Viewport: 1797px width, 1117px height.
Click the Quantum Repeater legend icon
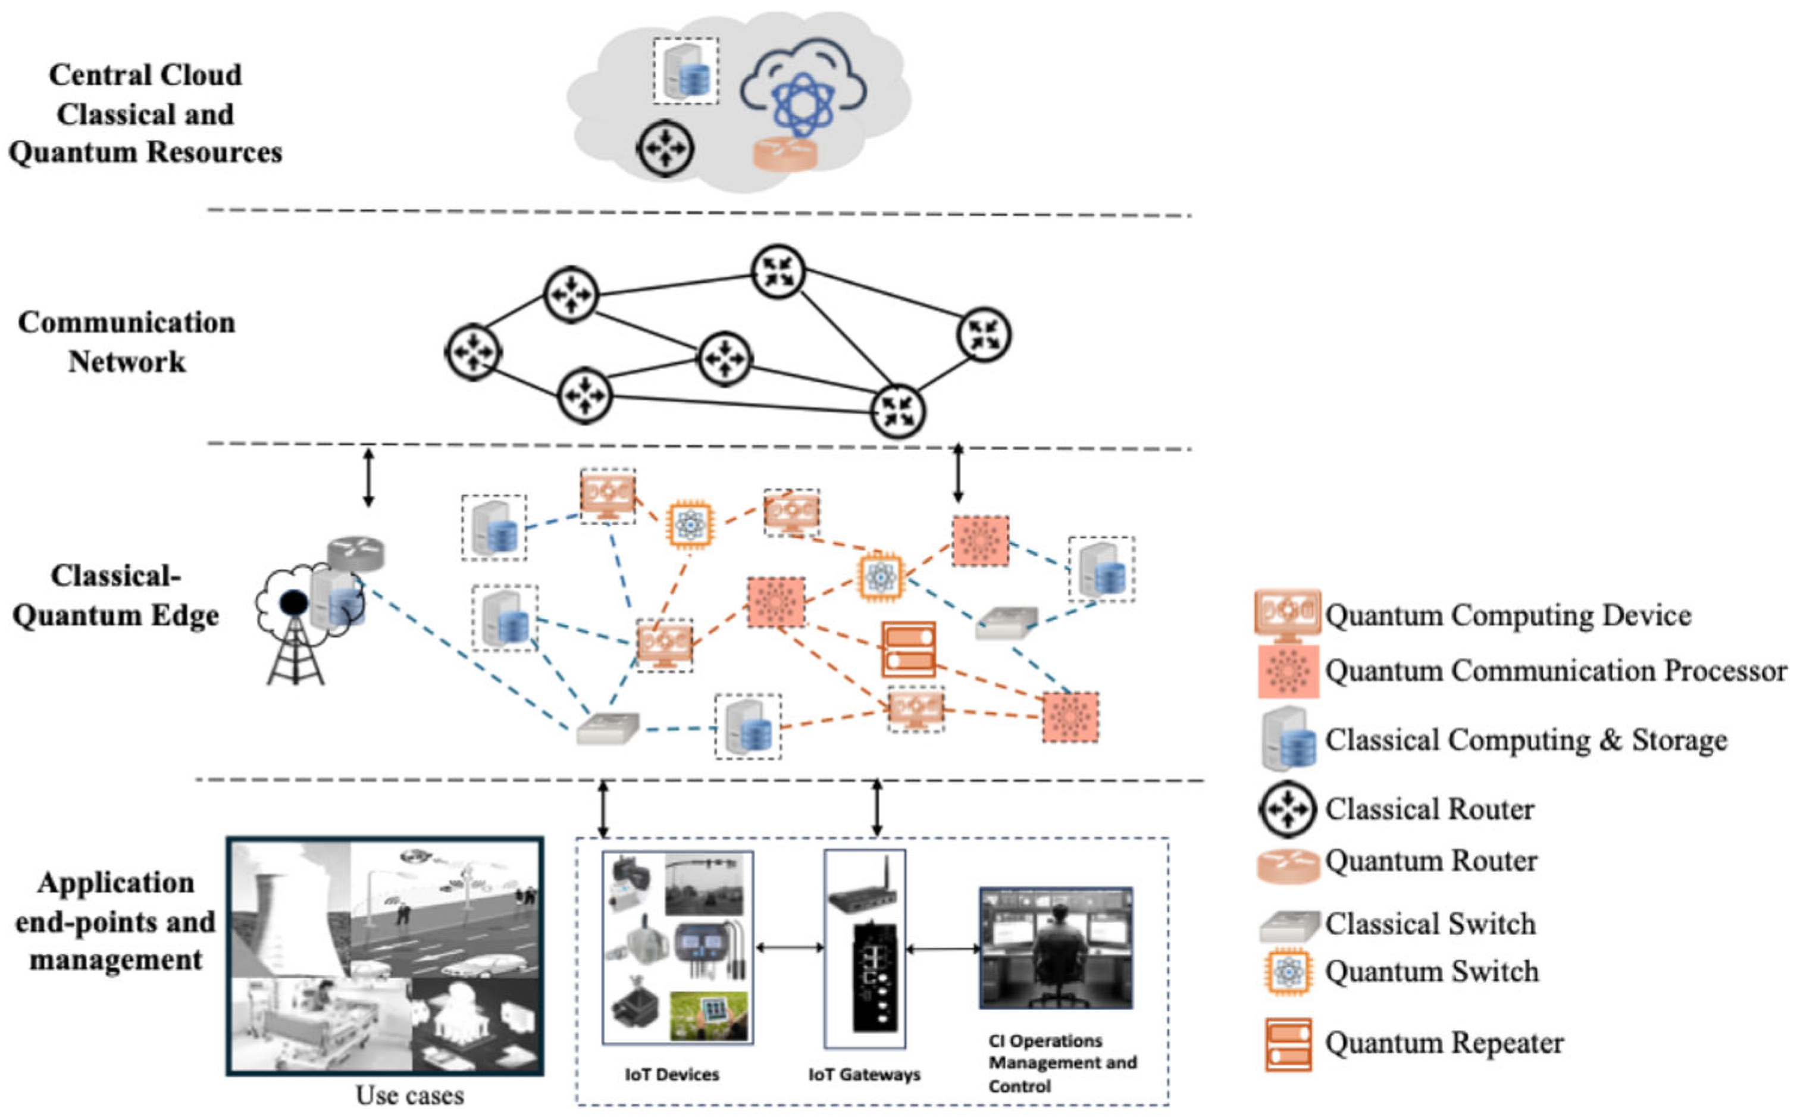tap(1288, 1044)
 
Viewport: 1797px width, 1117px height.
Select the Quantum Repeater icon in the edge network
tap(909, 649)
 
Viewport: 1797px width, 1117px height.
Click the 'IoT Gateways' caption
tap(864, 1075)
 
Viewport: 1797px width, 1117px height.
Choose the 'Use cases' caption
tap(410, 1095)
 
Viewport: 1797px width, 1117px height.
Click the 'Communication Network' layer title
tap(127, 342)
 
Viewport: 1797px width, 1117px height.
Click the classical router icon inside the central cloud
tap(665, 149)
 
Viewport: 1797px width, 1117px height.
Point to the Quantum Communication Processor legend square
tap(1288, 671)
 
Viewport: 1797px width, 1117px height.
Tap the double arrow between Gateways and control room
tap(943, 949)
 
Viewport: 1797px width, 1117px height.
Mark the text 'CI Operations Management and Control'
tap(1063, 1063)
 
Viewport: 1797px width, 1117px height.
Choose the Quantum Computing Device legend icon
tap(1288, 615)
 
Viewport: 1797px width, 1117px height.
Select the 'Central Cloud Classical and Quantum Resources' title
tap(146, 114)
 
